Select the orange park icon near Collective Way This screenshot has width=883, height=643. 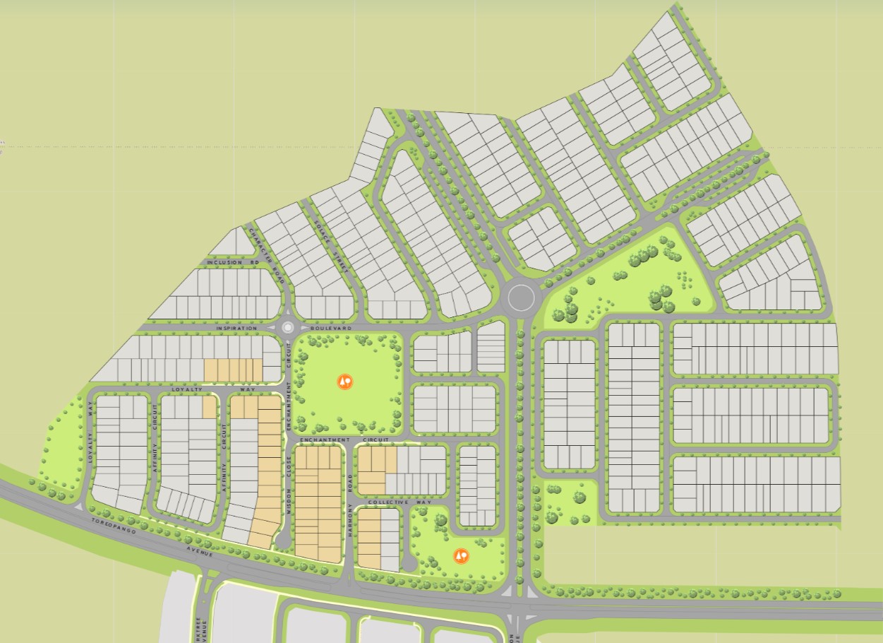coord(461,556)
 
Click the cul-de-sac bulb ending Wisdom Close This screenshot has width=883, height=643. coord(282,541)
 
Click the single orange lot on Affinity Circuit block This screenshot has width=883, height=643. coord(208,406)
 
